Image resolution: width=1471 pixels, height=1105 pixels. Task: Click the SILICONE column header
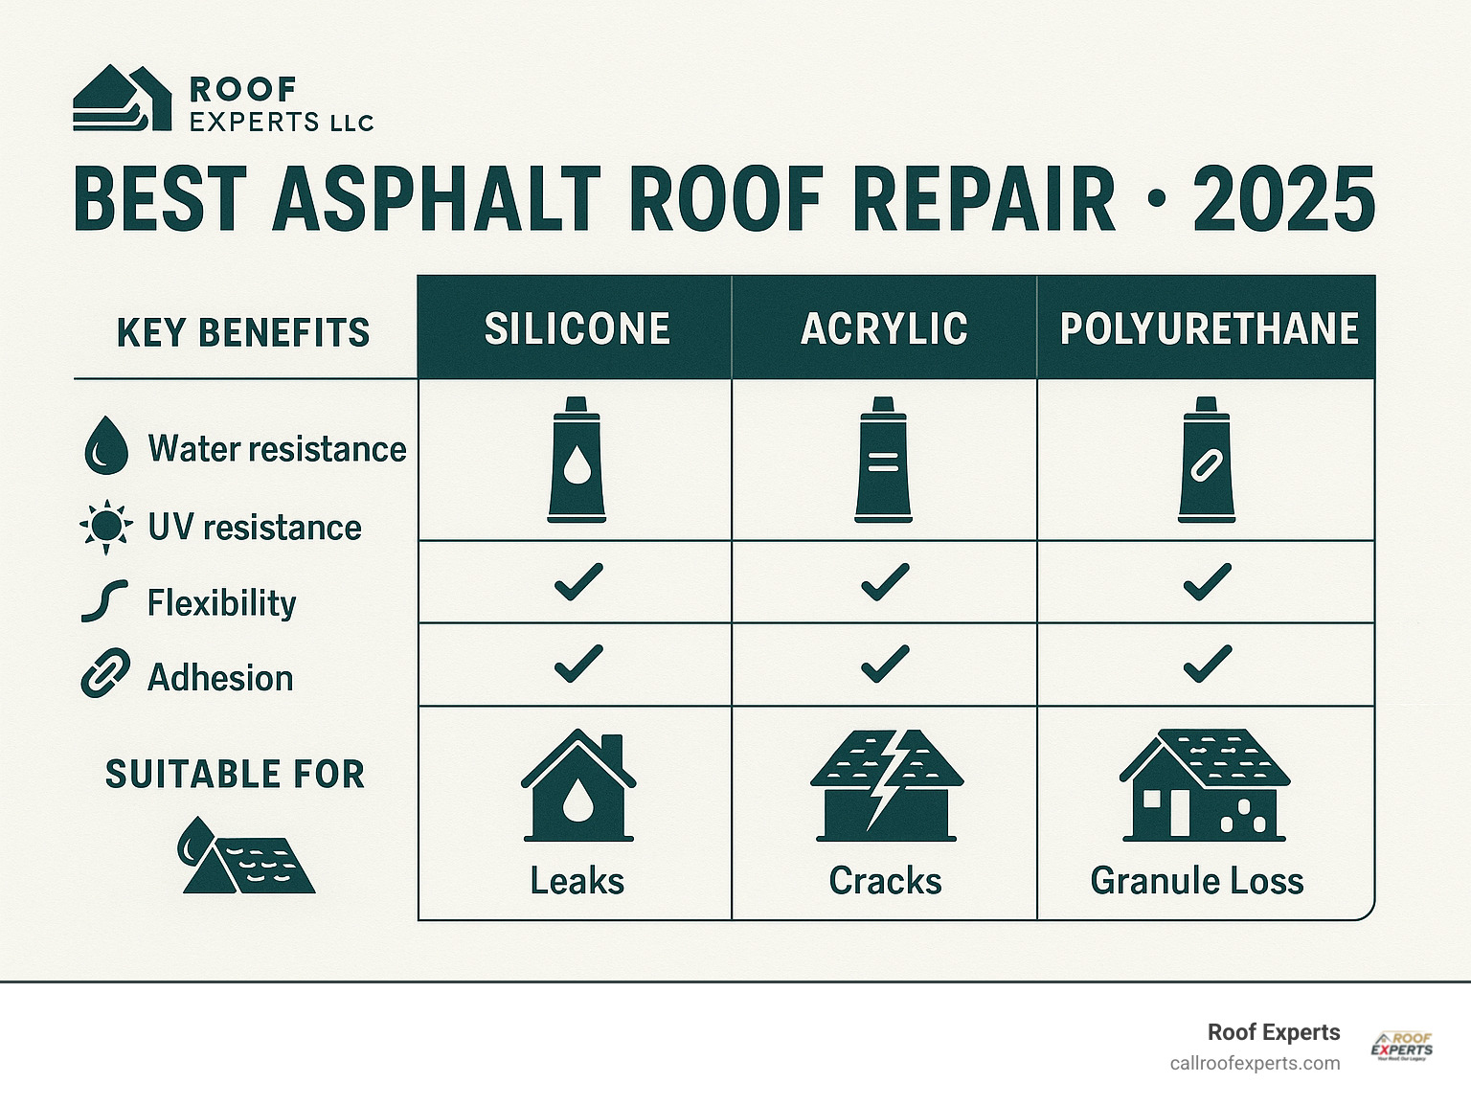[x=577, y=328]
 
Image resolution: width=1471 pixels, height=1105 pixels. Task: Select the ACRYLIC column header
[x=884, y=328]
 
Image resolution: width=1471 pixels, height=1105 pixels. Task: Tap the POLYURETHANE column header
[x=1209, y=328]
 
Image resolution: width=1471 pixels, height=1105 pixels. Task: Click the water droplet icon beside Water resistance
[x=105, y=448]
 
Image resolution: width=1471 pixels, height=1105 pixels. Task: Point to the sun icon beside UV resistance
[x=105, y=526]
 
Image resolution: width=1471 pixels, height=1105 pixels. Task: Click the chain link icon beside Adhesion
[x=105, y=673]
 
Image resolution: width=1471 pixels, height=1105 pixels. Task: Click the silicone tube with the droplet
[x=577, y=461]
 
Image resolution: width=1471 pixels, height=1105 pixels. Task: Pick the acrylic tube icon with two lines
[x=883, y=461]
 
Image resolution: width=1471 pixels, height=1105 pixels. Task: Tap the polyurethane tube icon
[x=1207, y=461]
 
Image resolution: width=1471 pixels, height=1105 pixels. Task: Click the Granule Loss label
[x=1196, y=880]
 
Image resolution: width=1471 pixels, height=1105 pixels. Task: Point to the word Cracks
[x=885, y=880]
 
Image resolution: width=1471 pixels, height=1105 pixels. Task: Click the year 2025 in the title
[x=1283, y=199]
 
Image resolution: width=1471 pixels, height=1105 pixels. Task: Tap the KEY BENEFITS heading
[x=243, y=332]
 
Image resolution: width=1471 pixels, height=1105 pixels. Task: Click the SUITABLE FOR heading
[x=236, y=774]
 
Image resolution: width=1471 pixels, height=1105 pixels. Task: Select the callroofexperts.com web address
[x=1255, y=1064]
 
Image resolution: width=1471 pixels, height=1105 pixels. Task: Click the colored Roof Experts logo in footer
[x=1402, y=1046]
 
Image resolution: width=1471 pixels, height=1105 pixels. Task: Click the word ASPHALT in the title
[x=436, y=199]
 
